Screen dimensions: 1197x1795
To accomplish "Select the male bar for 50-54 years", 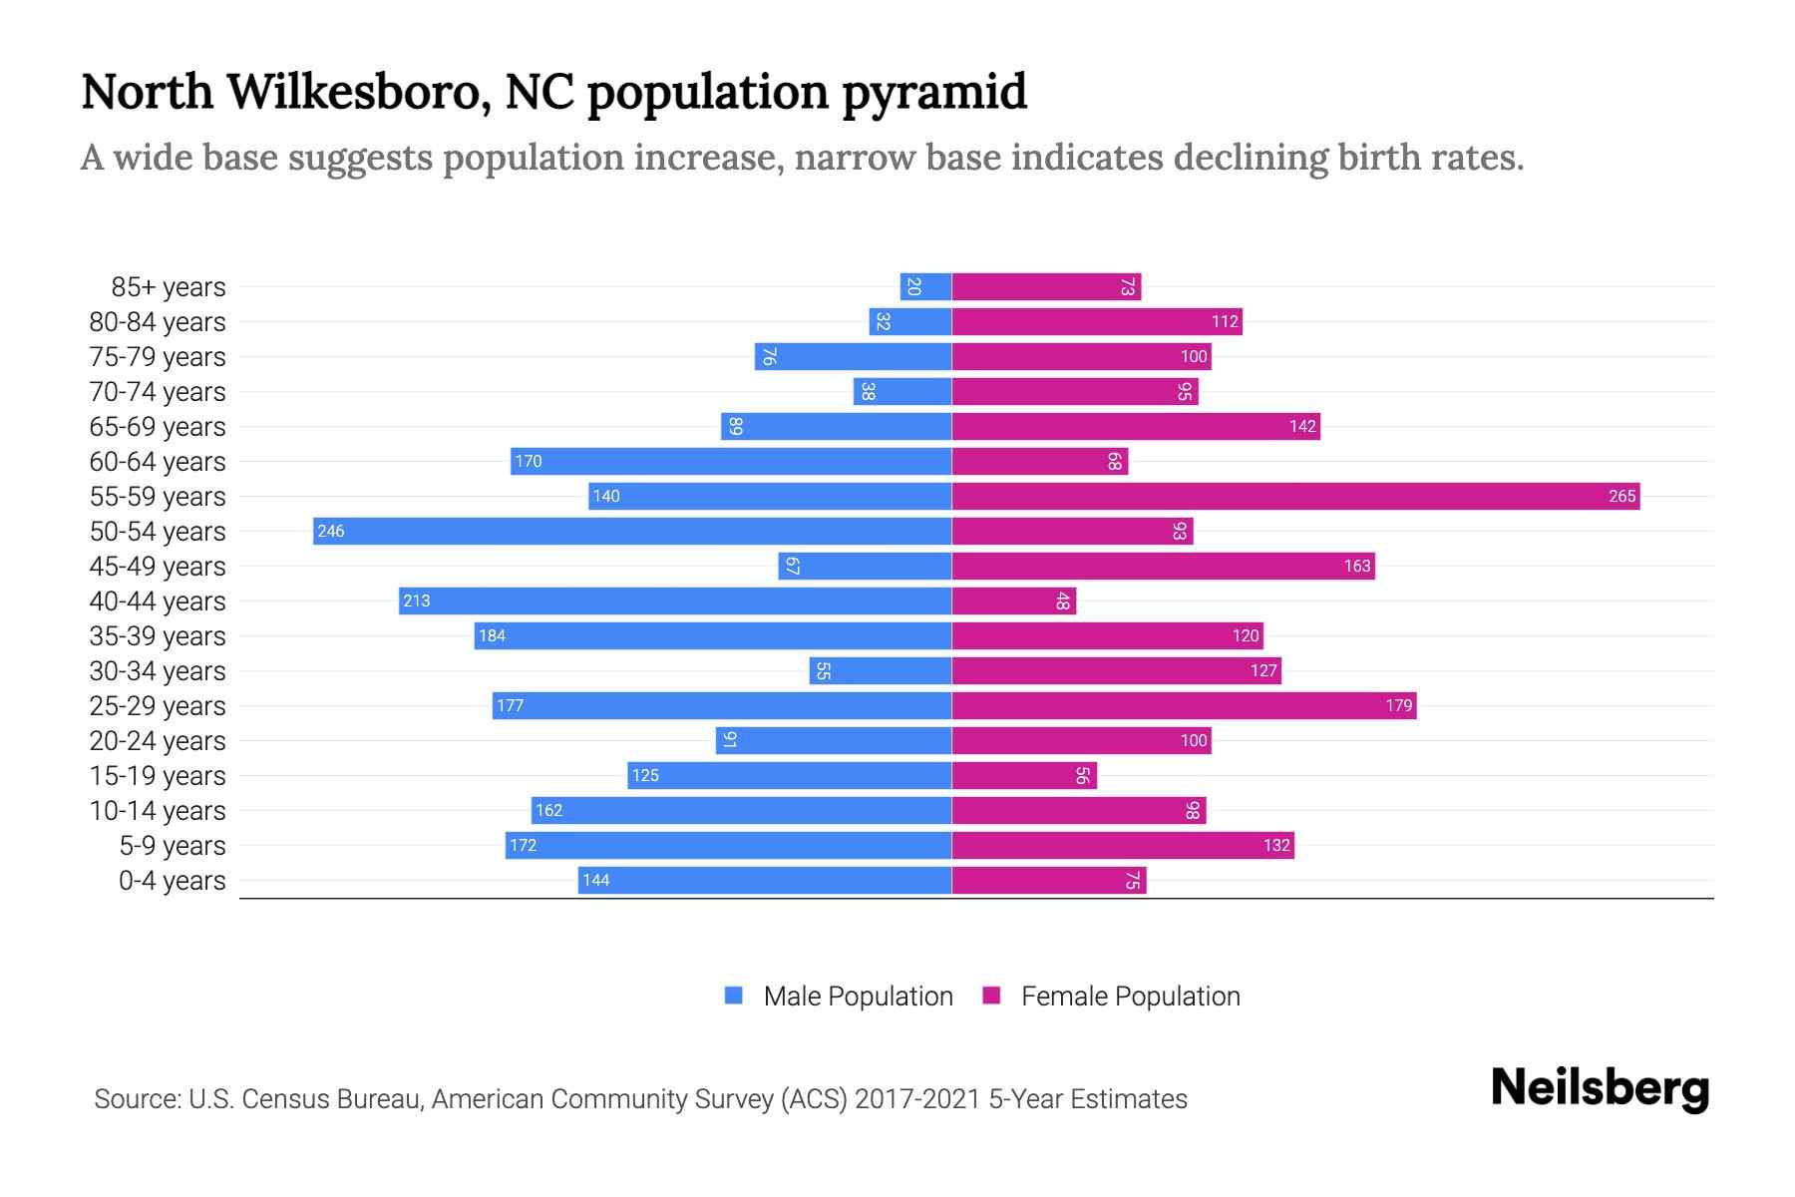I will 632,531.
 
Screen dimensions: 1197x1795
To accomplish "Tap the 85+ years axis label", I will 169,287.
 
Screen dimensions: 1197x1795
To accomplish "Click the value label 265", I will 1621,496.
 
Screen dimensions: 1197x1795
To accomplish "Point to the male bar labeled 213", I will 675,600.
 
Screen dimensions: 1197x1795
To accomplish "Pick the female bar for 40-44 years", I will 1013,600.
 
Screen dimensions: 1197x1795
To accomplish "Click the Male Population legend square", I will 734,996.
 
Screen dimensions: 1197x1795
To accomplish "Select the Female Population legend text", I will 1130,996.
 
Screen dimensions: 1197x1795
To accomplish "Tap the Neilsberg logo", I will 1600,1088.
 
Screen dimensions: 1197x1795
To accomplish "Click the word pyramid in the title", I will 933,93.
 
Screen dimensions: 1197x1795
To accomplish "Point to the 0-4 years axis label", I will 172,881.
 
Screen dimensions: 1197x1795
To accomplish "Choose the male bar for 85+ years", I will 925,287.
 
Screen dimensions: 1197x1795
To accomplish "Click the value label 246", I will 331,531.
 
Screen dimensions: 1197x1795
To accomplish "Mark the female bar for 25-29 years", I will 1184,705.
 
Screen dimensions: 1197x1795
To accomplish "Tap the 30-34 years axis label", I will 158,671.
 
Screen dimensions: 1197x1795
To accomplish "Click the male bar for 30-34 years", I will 881,670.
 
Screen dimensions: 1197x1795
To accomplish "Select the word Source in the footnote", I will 136,1099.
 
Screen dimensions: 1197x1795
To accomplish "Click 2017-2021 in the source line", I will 917,1099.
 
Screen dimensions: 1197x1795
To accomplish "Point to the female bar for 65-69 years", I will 1136,426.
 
